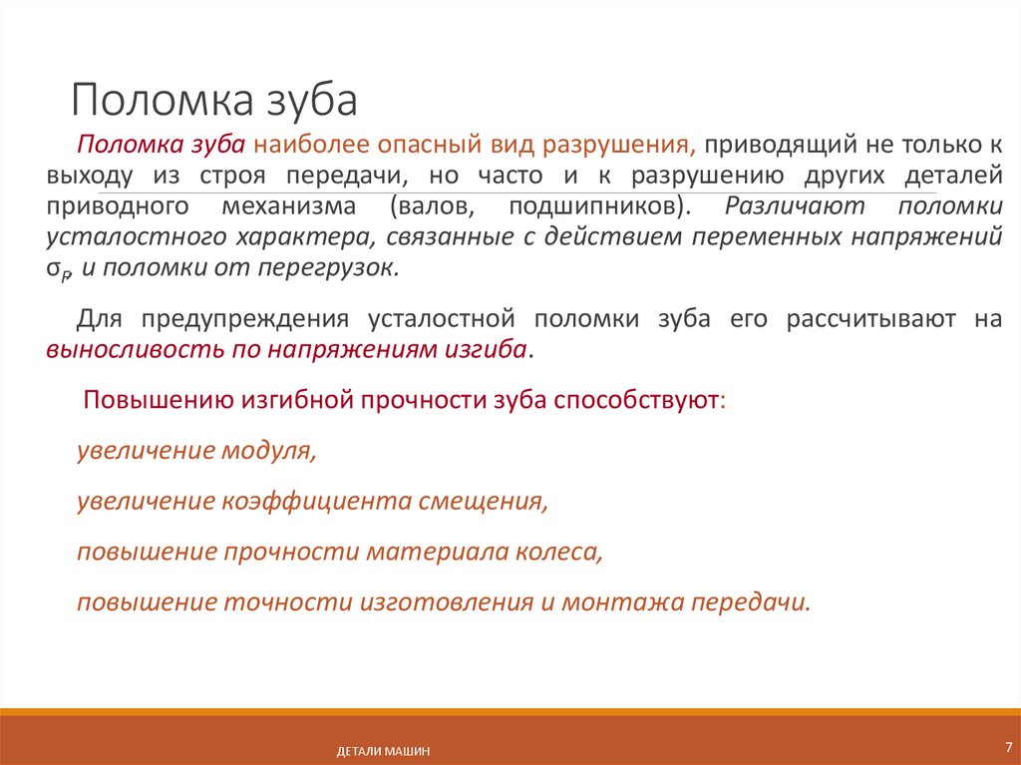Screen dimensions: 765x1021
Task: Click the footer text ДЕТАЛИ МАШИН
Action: [x=383, y=751]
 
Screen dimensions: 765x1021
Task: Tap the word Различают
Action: [x=797, y=206]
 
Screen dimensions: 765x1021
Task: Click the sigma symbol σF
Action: [x=58, y=270]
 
